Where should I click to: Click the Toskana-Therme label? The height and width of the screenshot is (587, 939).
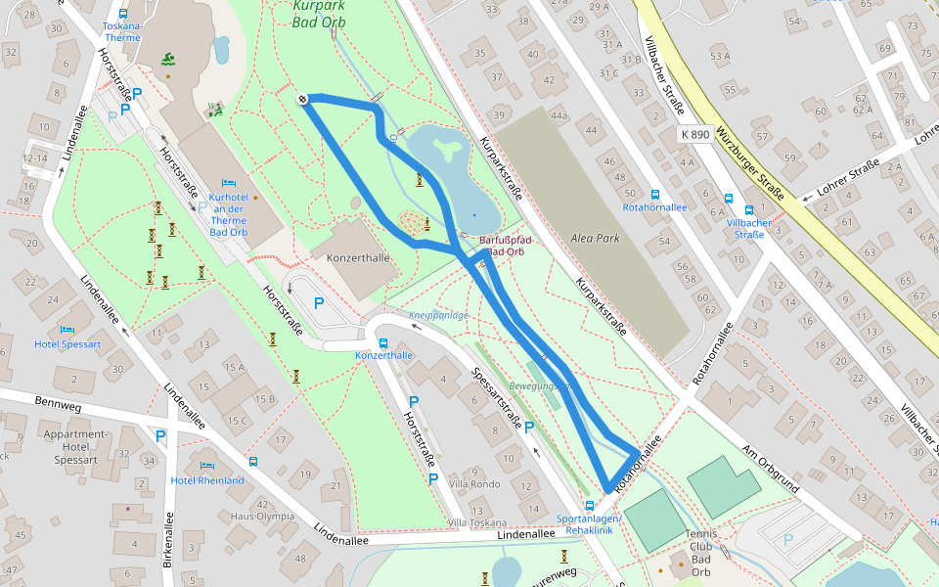(x=122, y=31)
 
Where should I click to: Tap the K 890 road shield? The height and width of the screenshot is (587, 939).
(x=693, y=134)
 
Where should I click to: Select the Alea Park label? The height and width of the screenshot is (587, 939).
(x=597, y=238)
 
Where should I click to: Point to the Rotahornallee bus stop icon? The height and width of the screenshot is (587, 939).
(x=654, y=194)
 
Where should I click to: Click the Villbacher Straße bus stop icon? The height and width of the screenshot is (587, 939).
(x=749, y=209)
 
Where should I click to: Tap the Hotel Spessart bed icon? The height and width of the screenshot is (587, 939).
(x=67, y=330)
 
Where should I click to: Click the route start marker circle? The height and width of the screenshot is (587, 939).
(x=303, y=99)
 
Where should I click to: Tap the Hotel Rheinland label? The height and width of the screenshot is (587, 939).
(x=207, y=480)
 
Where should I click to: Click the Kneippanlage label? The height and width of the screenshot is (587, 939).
(x=439, y=315)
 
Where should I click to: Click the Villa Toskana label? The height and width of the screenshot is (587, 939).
(x=476, y=522)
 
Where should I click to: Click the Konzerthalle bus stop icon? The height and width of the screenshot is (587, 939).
(x=382, y=343)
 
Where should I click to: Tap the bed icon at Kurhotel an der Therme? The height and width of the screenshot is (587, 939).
(x=229, y=182)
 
